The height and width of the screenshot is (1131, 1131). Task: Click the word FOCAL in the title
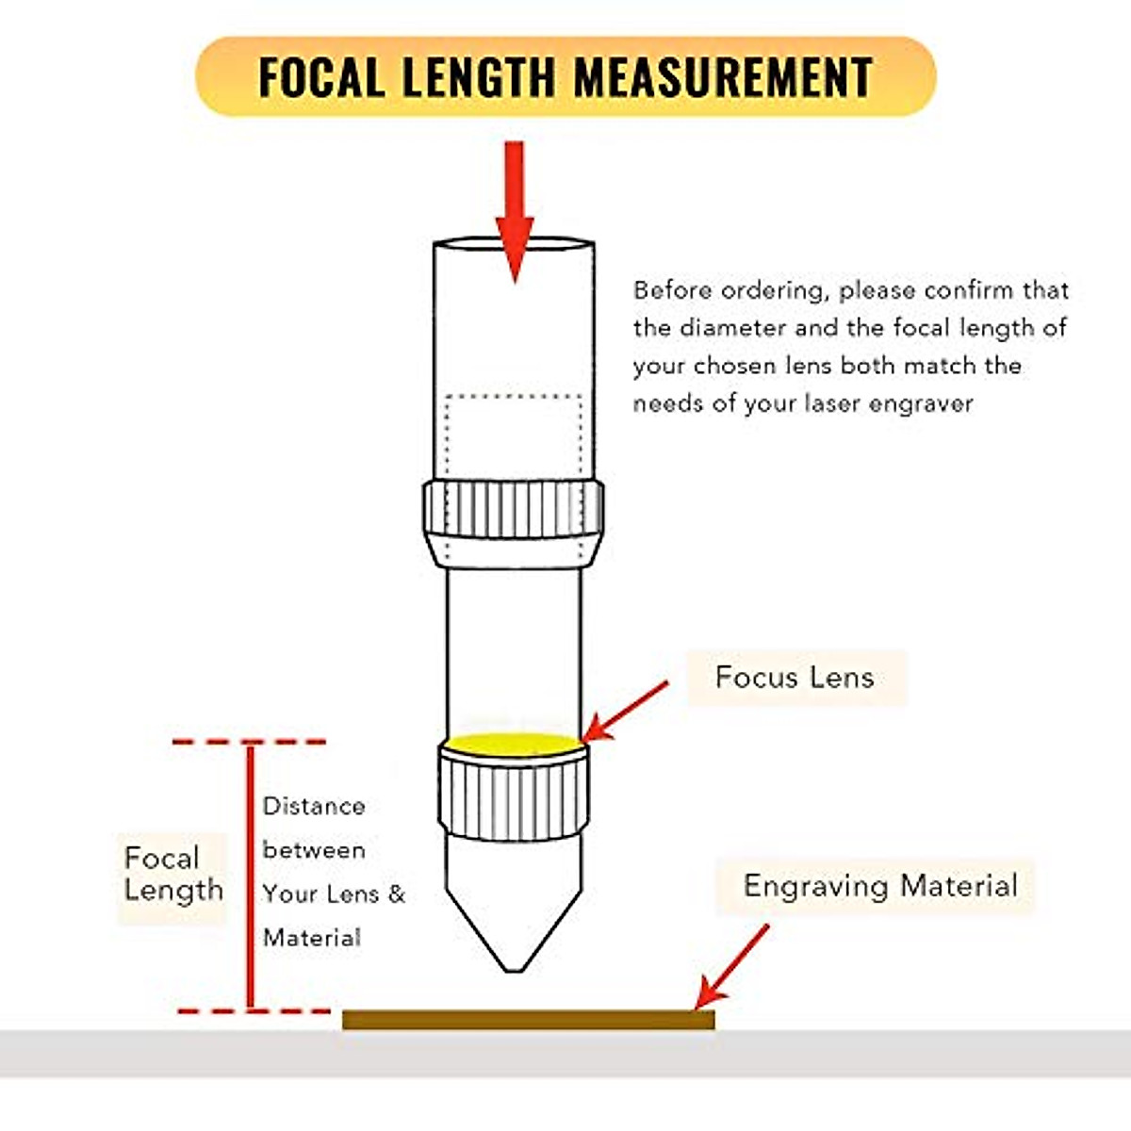pos(320,77)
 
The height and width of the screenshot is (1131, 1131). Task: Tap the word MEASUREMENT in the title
pos(724,77)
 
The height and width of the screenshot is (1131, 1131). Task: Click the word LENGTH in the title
pos(478,77)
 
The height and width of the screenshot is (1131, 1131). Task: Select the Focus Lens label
pos(795,677)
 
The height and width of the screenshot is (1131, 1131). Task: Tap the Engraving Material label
pos(880,886)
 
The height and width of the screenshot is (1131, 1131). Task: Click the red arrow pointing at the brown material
pos(732,966)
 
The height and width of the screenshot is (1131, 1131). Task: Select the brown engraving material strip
pos(528,1019)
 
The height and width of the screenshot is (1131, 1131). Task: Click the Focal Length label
pos(173,874)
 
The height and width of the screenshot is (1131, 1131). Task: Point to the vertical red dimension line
pos(251,877)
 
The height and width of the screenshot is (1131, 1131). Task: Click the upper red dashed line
pos(251,743)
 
